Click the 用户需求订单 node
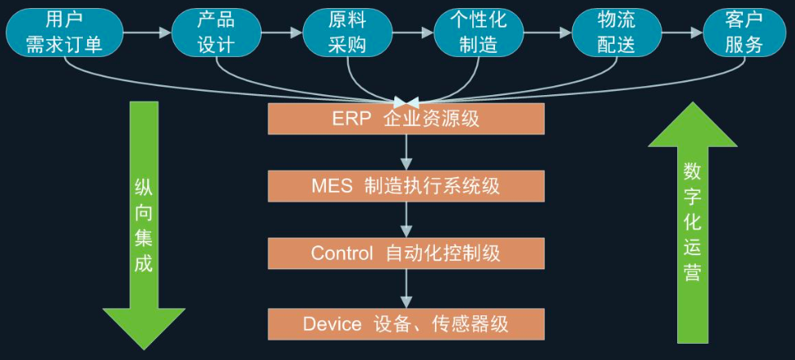pyautogui.click(x=64, y=33)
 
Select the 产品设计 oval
pyautogui.click(x=216, y=33)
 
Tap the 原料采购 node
pyautogui.click(x=347, y=33)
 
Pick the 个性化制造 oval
pyautogui.click(x=479, y=33)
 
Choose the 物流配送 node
pyautogui.click(x=616, y=33)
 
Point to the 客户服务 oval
pyautogui.click(x=745, y=33)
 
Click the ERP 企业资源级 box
pyautogui.click(x=406, y=119)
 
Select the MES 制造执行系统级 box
pyautogui.click(x=406, y=186)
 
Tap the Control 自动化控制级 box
pyautogui.click(x=406, y=253)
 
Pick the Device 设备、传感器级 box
pyautogui.click(x=406, y=324)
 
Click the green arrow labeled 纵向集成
pyautogui.click(x=144, y=226)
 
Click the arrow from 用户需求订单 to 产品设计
pyautogui.click(x=148, y=33)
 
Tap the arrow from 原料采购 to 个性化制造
pyautogui.click(x=413, y=33)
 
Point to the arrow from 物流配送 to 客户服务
pyautogui.click(x=683, y=33)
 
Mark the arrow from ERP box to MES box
pyautogui.click(x=406, y=152)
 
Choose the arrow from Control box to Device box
pyautogui.click(x=406, y=288)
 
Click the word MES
pyautogui.click(x=332, y=186)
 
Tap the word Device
pyautogui.click(x=332, y=324)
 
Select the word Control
pyautogui.click(x=342, y=253)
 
